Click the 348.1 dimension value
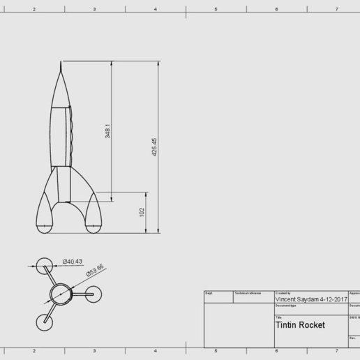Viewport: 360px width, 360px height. [x=107, y=131]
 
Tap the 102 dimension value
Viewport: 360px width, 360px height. [x=142, y=211]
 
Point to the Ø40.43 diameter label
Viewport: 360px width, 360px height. [x=72, y=262]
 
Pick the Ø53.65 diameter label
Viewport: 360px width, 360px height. [x=95, y=271]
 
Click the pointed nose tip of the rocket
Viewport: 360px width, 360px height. [x=61, y=63]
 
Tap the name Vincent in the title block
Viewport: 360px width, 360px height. [x=287, y=299]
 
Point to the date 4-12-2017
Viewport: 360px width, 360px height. [x=333, y=299]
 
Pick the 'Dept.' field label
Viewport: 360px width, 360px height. [x=209, y=293]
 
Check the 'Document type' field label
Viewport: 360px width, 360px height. [x=286, y=306]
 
